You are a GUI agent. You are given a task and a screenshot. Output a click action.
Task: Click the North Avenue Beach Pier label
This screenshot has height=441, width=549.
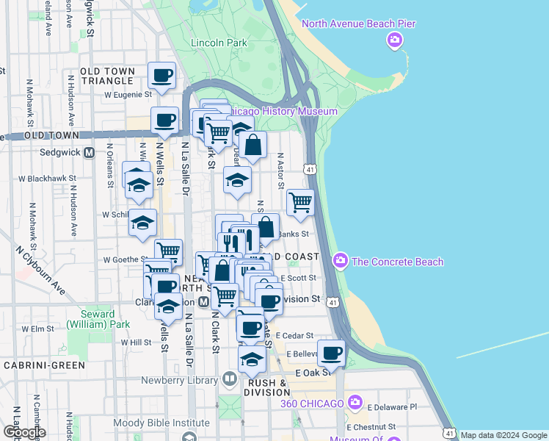[359, 24]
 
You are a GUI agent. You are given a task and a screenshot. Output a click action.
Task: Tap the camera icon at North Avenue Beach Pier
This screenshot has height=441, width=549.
[396, 39]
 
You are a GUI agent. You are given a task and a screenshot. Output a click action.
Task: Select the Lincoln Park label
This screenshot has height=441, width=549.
[219, 43]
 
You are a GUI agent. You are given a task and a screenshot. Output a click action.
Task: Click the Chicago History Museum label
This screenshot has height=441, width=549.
[282, 111]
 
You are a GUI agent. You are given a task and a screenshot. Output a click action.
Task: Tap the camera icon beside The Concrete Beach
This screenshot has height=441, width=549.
[340, 260]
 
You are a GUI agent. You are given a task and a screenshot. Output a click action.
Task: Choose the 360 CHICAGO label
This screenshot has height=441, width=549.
[312, 404]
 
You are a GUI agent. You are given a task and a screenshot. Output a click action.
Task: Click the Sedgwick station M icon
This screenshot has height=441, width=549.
[90, 153]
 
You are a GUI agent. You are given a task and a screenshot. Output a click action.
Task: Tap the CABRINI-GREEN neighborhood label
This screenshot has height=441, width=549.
[44, 365]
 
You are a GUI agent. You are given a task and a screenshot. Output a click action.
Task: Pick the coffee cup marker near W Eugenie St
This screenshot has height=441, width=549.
[162, 75]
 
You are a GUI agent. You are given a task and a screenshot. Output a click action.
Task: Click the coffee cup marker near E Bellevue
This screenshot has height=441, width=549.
[331, 353]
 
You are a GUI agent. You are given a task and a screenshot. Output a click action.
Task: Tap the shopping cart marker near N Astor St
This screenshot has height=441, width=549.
[300, 201]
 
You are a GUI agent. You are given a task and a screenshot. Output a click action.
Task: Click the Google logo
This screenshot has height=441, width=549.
[23, 431]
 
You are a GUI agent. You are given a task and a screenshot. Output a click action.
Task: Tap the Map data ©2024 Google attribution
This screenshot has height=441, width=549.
[503, 435]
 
